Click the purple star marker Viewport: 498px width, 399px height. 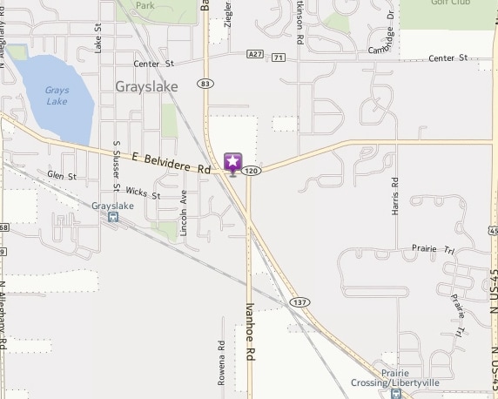point(232,162)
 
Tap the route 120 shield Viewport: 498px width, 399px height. point(252,172)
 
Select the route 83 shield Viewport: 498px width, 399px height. point(205,84)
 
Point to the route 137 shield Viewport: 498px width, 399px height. point(299,301)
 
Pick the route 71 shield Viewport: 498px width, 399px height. point(277,57)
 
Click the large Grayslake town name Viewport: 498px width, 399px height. point(145,86)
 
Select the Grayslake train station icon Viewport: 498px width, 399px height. point(113,217)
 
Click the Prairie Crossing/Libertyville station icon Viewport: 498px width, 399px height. point(396,393)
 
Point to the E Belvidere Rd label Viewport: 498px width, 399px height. point(172,162)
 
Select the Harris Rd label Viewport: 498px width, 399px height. point(394,197)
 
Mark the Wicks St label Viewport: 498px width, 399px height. point(143,193)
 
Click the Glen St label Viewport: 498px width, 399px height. point(62,176)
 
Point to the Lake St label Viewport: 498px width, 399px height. point(98,39)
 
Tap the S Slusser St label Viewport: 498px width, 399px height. point(116,165)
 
